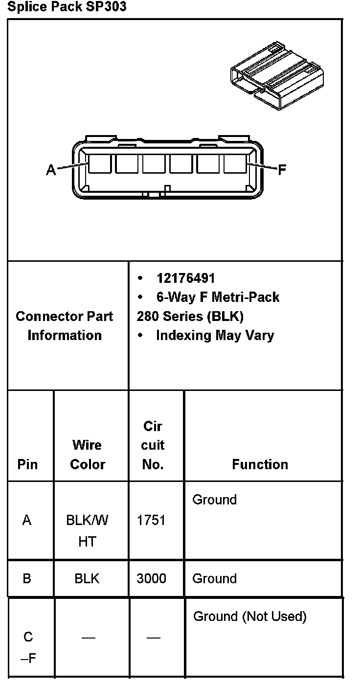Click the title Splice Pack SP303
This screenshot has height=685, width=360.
click(67, 7)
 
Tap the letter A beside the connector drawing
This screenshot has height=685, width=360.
click(51, 170)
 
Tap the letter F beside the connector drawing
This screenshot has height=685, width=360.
click(282, 170)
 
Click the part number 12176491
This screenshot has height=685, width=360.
click(185, 278)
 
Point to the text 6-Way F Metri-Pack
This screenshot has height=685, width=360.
click(218, 297)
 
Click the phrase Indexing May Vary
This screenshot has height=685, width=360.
click(215, 336)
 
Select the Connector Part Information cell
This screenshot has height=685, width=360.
click(65, 326)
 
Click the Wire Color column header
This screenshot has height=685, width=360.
click(87, 455)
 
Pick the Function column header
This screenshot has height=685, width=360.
click(260, 464)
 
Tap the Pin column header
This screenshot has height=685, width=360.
click(27, 464)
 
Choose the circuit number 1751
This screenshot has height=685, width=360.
click(151, 520)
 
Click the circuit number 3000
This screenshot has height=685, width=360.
click(151, 578)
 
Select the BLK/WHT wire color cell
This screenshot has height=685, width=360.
click(87, 530)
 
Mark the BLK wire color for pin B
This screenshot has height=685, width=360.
click(87, 578)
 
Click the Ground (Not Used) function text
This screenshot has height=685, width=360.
click(250, 616)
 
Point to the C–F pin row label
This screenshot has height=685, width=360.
click(28, 647)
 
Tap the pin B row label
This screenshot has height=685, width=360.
click(27, 578)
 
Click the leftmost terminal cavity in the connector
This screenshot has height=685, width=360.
click(99, 164)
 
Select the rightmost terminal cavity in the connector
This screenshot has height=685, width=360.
click(235, 164)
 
